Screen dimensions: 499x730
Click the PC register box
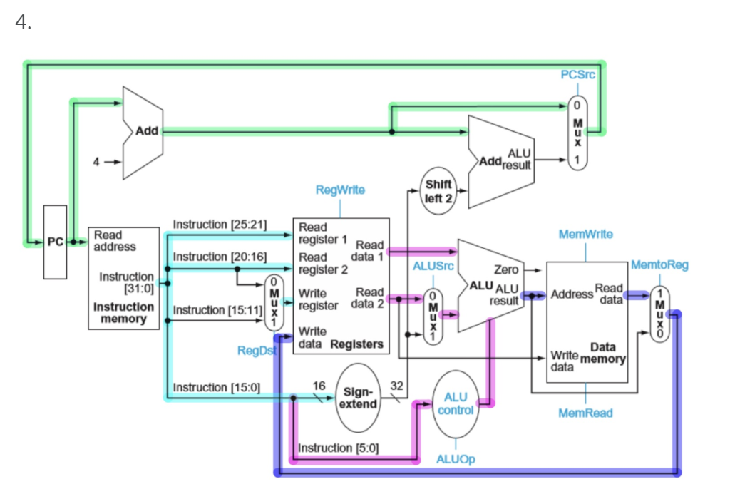point(54,242)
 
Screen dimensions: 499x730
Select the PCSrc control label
point(577,75)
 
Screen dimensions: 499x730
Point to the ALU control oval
point(456,403)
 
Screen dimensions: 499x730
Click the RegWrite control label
point(340,190)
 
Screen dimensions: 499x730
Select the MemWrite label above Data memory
point(586,234)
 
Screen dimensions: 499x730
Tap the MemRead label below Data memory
point(586,413)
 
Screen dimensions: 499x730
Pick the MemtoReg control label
point(659,265)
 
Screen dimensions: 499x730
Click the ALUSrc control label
point(433,265)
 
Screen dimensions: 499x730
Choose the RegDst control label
point(257,351)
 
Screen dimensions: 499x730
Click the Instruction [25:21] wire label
point(220,224)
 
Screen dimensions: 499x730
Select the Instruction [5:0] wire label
point(338,448)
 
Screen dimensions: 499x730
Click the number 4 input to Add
point(96,161)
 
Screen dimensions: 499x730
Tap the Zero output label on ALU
point(505,270)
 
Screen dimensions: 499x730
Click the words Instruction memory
point(123,313)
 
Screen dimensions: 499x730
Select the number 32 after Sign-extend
point(397,386)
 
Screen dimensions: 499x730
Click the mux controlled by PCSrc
point(577,133)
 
